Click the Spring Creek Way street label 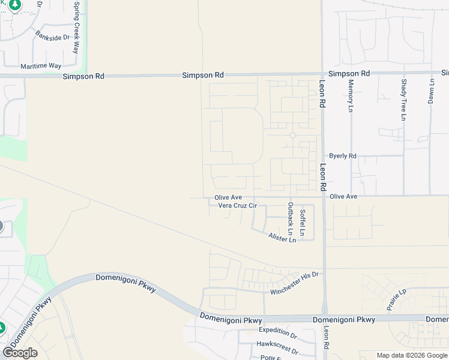pos(76,28)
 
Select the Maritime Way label pos(41,65)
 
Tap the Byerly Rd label pos(343,156)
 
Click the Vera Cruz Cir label pos(237,206)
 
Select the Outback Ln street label pos(291,218)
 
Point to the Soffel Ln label pos(303,222)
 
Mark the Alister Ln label pos(282,238)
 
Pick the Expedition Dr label pos(278,331)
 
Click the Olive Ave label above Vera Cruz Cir pos(228,197)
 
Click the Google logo pos(20,353)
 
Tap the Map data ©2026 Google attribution pos(412,355)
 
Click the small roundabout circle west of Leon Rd pos(292,135)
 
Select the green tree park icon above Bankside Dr pos(15,5)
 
